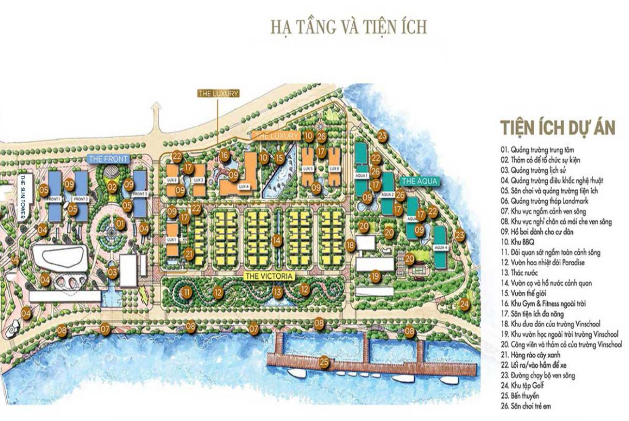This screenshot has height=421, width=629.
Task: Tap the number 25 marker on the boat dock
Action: click(x=324, y=361)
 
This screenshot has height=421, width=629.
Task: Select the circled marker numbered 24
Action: click(x=464, y=304)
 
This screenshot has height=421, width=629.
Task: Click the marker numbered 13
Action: click(x=277, y=292)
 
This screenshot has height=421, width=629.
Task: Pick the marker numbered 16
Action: click(x=224, y=155)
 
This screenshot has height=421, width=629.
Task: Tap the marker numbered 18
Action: click(x=350, y=245)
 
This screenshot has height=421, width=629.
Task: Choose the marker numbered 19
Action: click(x=375, y=276)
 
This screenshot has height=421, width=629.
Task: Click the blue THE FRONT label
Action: click(x=108, y=158)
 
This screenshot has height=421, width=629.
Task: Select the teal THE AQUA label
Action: click(x=419, y=181)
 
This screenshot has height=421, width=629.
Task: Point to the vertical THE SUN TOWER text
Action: click(x=22, y=196)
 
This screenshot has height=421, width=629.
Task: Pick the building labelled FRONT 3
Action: click(x=139, y=194)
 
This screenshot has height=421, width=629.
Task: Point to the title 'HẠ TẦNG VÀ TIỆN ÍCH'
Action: click(x=348, y=28)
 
